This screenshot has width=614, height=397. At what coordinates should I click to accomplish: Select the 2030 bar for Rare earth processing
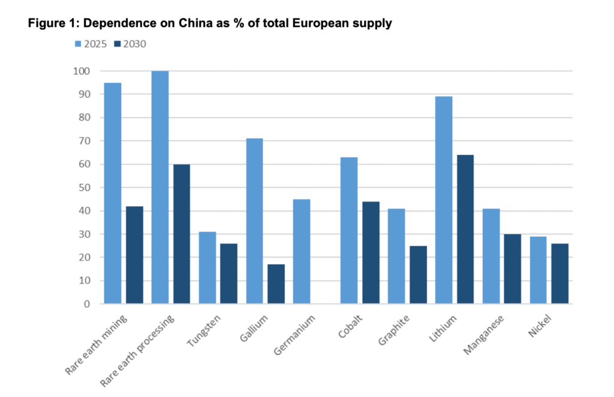coord(182,234)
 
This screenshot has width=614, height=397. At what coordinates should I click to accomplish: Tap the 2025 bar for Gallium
coord(254,221)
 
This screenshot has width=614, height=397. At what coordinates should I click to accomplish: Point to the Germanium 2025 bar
coord(302,251)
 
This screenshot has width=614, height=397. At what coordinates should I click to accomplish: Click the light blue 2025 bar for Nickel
coord(538,270)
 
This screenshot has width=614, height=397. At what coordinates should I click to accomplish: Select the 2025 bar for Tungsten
coord(207,268)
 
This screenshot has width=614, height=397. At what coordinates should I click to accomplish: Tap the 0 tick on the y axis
coord(87,304)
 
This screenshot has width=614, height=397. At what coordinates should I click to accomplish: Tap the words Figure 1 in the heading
coord(49,23)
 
